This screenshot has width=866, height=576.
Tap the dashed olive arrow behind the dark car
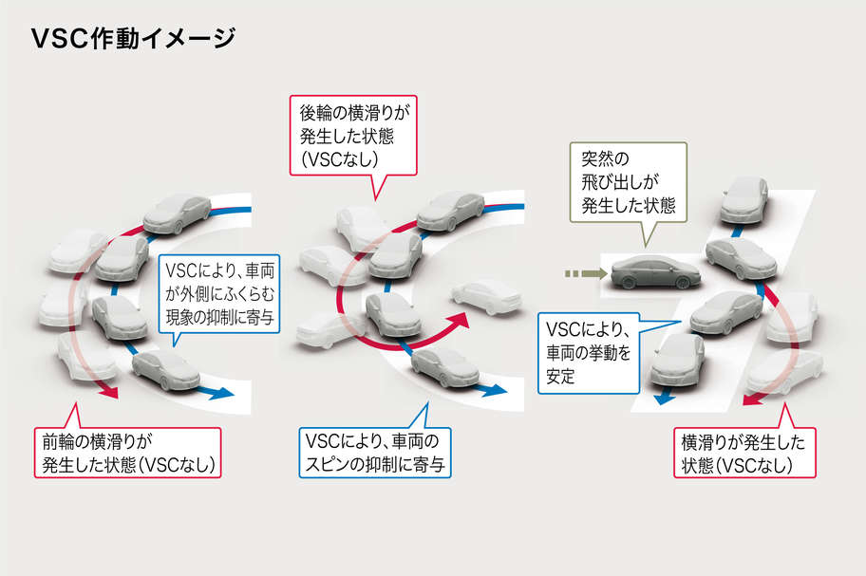pyautogui.click(x=581, y=274)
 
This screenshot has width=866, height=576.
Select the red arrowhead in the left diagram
pyautogui.click(x=110, y=390)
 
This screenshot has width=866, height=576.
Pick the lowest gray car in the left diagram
pyautogui.click(x=165, y=370)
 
